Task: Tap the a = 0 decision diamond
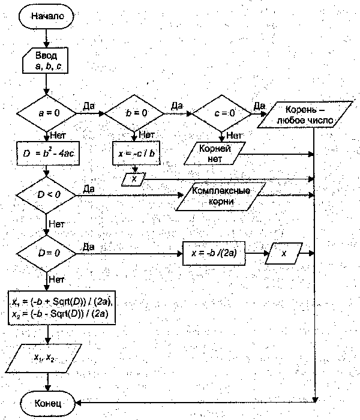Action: pyautogui.click(x=46, y=112)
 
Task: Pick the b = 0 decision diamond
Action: pyautogui.click(x=134, y=112)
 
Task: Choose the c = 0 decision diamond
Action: pyautogui.click(x=221, y=112)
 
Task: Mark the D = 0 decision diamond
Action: pyautogui.click(x=46, y=253)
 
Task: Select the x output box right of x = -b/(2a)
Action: pyautogui.click(x=285, y=253)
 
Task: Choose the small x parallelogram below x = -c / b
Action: pyautogui.click(x=134, y=179)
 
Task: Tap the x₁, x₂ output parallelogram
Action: pyautogui.click(x=45, y=358)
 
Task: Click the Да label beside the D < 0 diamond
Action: pyautogui.click(x=88, y=189)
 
